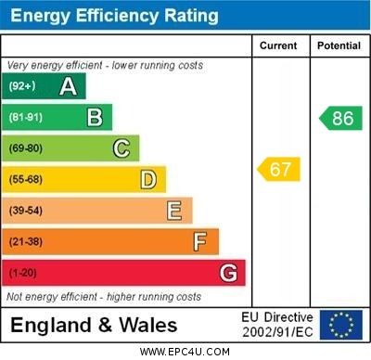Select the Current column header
pyautogui.click(x=278, y=45)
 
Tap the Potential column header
pyautogui.click(x=339, y=45)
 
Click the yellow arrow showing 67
pyautogui.click(x=278, y=169)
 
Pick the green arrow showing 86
pyautogui.click(x=339, y=118)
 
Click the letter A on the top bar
pyautogui.click(x=68, y=86)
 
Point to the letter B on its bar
pyautogui.click(x=95, y=117)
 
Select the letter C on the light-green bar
pyautogui.click(x=122, y=148)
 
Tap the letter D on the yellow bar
pyautogui.click(x=148, y=179)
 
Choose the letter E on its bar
pyautogui.click(x=174, y=211)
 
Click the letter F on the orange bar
pyautogui.click(x=200, y=241)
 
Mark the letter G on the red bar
pyautogui.click(x=228, y=273)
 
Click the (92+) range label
pyautogui.click(x=23, y=86)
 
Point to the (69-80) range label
pyautogui.click(x=26, y=148)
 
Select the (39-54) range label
pyautogui.click(x=26, y=211)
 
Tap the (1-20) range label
pyautogui.click(x=23, y=273)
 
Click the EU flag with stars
pyautogui.click(x=341, y=325)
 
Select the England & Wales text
pyautogui.click(x=95, y=326)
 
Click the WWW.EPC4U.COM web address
pyautogui.click(x=185, y=352)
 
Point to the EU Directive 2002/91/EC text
pyautogui.click(x=277, y=325)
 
